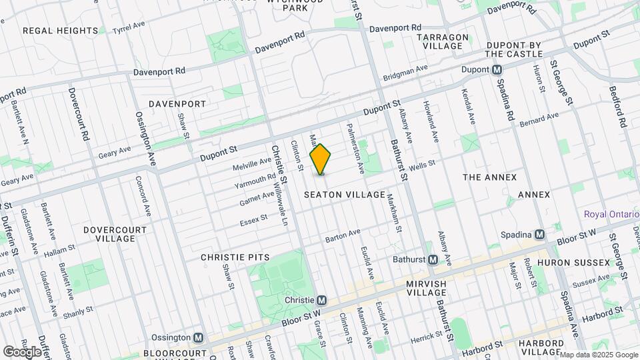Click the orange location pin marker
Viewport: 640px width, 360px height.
tap(321, 159)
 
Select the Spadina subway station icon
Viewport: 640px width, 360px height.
tap(539, 235)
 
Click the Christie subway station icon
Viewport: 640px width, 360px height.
tap(321, 301)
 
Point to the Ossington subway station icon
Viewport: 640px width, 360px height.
tap(198, 338)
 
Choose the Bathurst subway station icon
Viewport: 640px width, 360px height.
tap(432, 259)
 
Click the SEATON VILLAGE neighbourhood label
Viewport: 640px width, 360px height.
tap(345, 195)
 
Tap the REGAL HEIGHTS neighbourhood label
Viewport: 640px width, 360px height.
tap(60, 31)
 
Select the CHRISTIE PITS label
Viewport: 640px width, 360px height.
tap(235, 257)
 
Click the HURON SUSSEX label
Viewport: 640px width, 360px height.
tap(573, 263)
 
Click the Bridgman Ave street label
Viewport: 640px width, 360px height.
tap(405, 73)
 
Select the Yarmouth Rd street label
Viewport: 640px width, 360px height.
tap(255, 181)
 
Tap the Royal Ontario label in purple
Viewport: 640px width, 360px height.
tap(611, 214)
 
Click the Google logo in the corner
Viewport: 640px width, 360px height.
tap(23, 351)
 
